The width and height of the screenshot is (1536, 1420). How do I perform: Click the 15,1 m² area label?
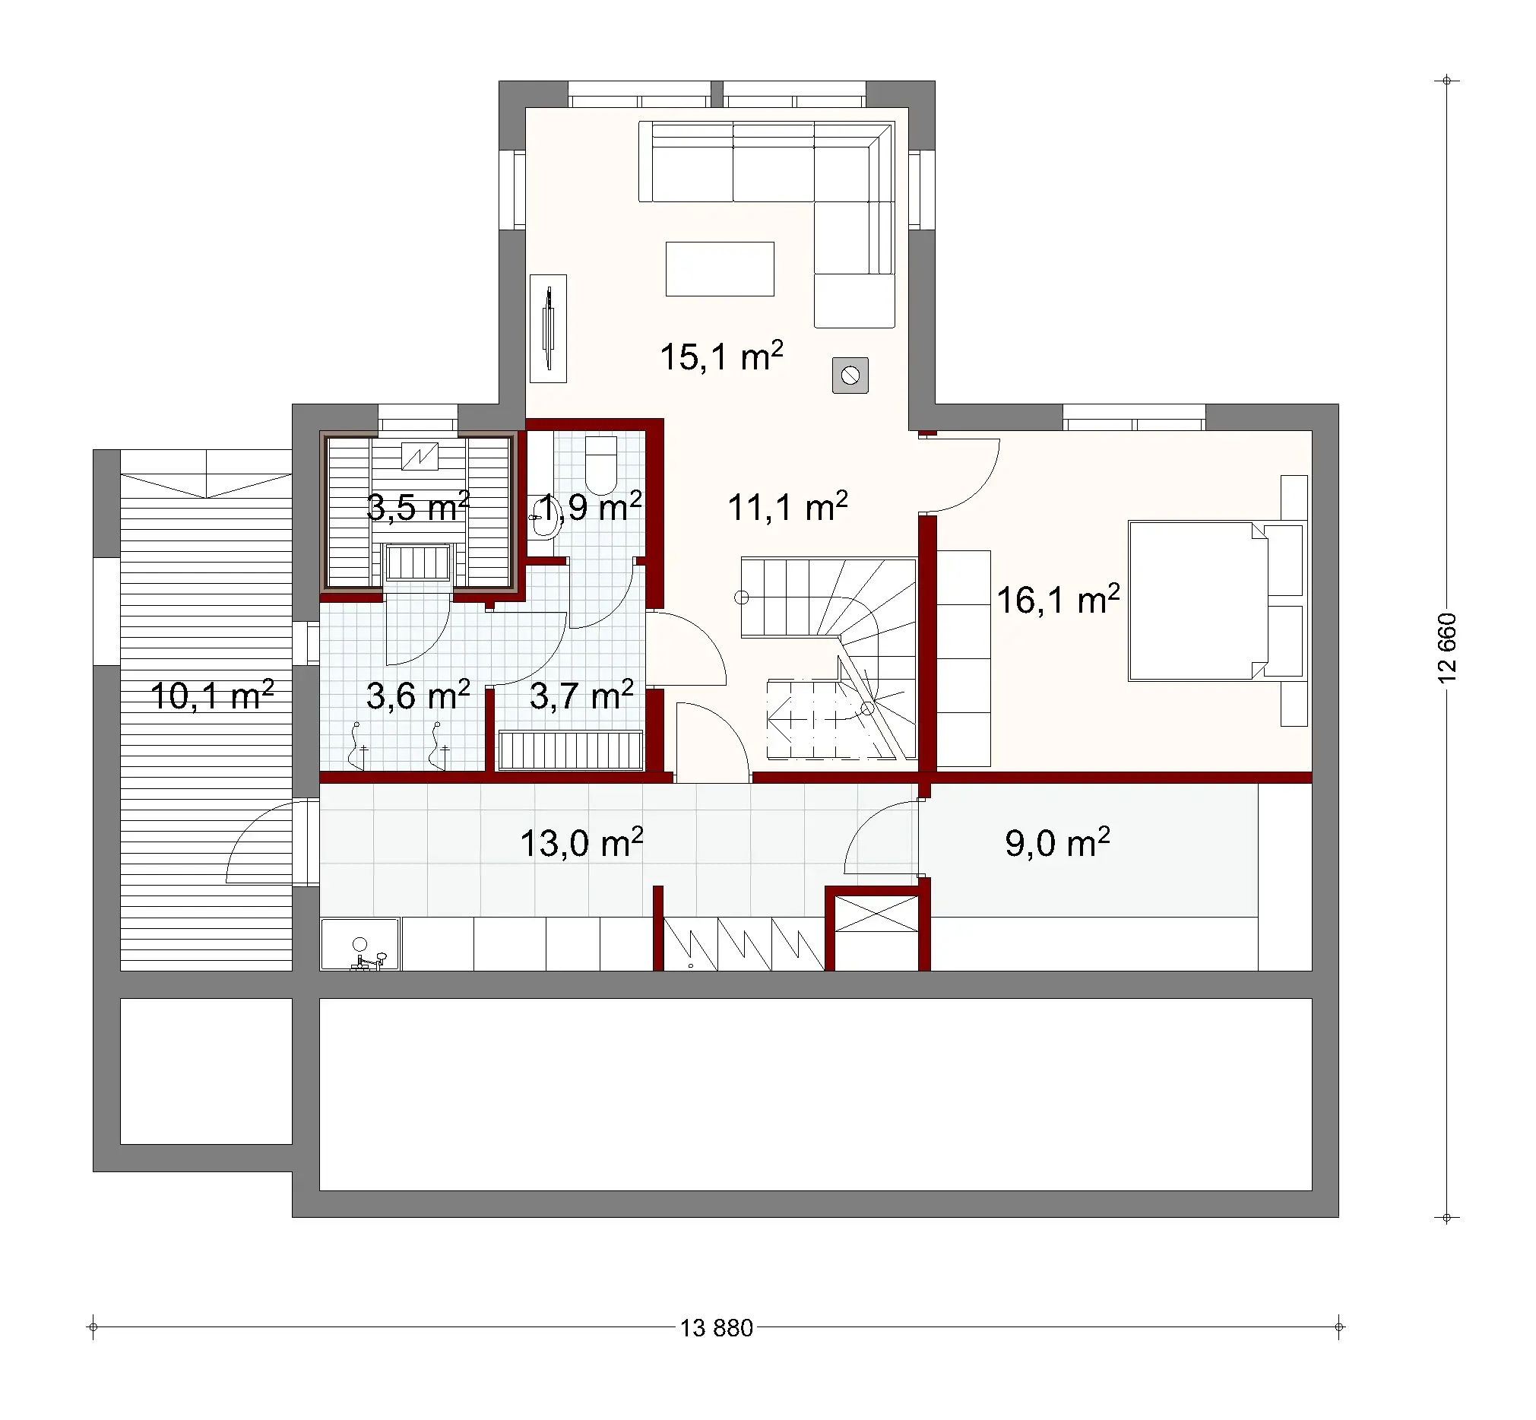coord(720,357)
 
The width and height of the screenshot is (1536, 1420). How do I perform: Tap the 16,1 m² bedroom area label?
coord(1057,600)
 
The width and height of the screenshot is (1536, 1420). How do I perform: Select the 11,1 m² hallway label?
coord(787,507)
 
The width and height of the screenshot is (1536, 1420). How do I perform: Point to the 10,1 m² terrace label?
coord(211,696)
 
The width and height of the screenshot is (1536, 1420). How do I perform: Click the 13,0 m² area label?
coord(581,843)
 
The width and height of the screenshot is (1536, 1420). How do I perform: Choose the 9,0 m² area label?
coord(1056,843)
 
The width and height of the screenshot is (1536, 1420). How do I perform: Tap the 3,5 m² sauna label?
coord(417,507)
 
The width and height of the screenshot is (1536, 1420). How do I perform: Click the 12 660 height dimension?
coord(1446,647)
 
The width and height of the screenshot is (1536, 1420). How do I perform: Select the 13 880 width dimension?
coord(716,1328)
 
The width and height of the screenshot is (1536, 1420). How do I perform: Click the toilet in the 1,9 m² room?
coord(601,465)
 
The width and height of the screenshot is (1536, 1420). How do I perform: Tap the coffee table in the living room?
coord(719,269)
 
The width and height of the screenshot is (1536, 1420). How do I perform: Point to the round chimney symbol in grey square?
coord(850,376)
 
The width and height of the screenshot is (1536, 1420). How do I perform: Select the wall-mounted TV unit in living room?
coord(548,328)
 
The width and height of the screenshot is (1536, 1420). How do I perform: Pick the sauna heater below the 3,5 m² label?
coord(417,563)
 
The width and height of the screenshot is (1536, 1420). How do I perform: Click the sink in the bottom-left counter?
coord(359,944)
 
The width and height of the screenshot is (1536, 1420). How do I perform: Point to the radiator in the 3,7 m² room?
coord(570,750)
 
